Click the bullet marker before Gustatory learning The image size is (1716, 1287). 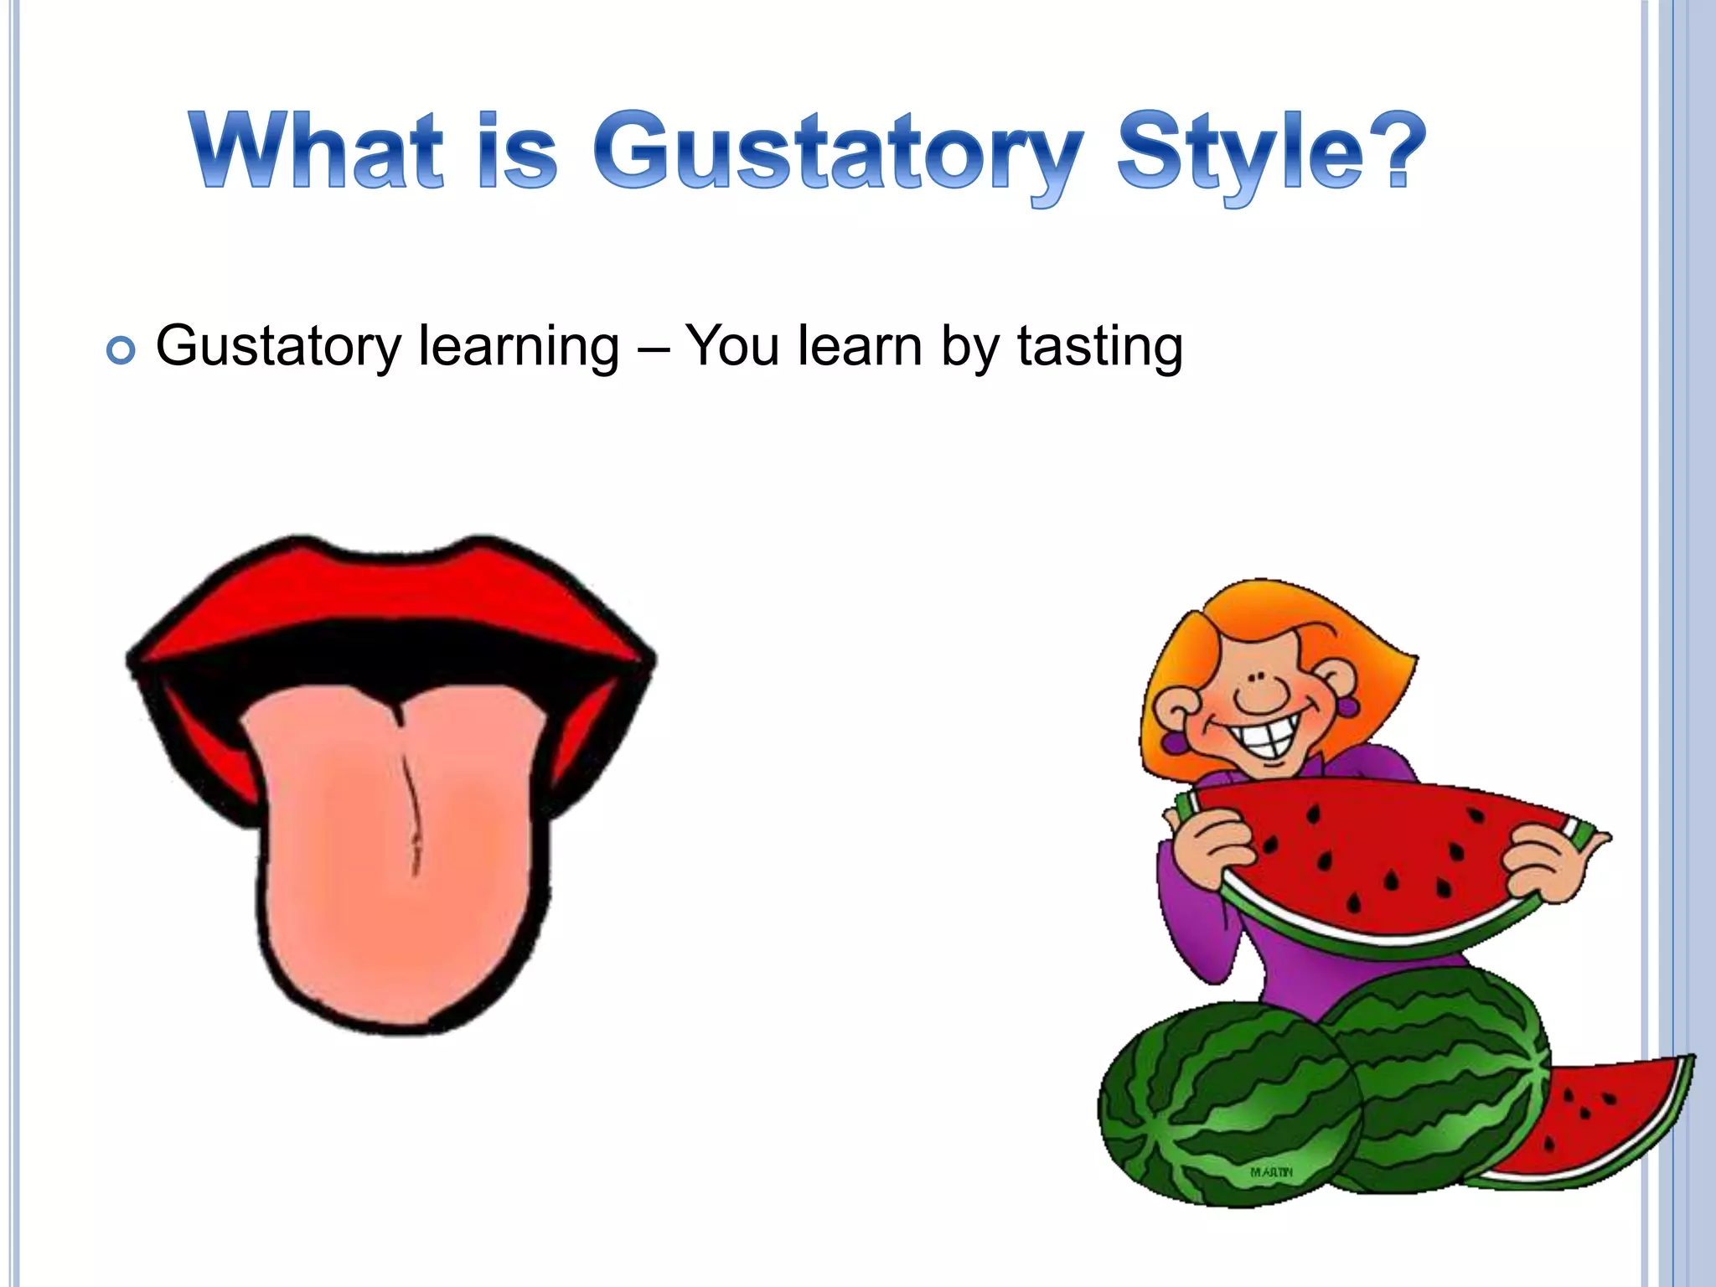[121, 351]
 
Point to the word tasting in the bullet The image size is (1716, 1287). [1100, 348]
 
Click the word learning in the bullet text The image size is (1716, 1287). [519, 348]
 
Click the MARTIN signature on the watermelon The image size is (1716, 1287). [1271, 1171]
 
